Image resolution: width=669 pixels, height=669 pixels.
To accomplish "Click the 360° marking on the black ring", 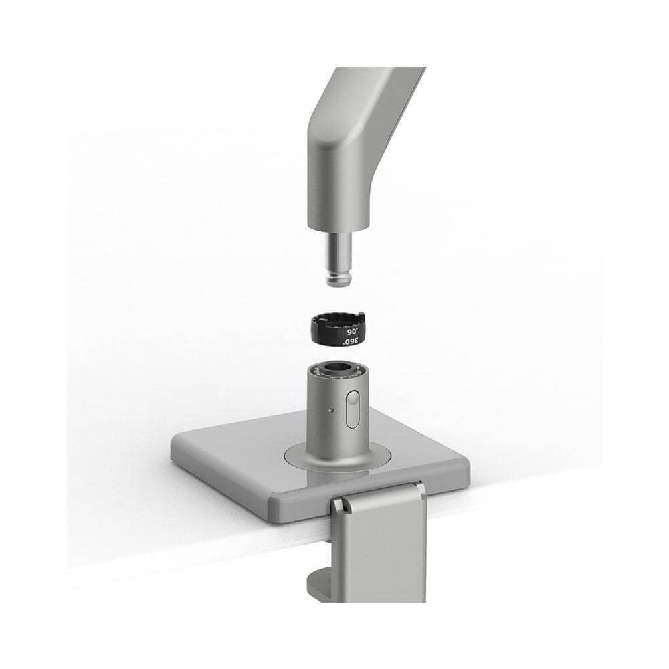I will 350,341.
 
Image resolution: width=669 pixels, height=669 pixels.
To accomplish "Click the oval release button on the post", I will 353,410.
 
